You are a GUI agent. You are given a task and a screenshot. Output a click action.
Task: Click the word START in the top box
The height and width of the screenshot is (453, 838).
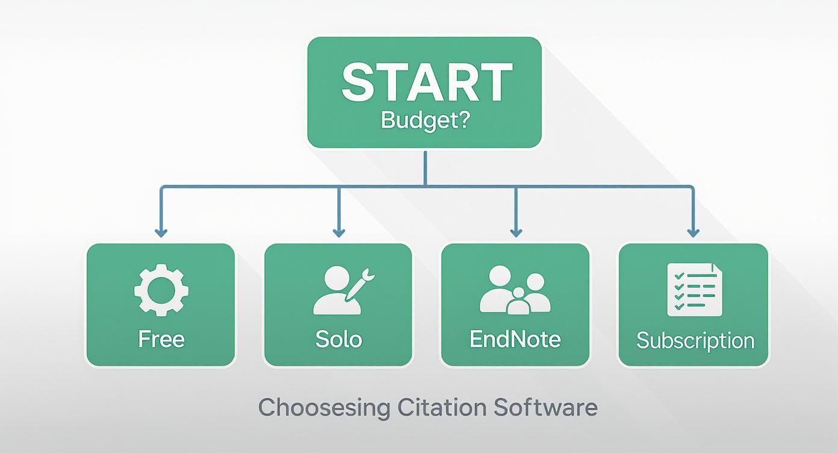click(426, 82)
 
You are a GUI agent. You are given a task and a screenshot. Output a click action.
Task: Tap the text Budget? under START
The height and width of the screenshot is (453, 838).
click(426, 120)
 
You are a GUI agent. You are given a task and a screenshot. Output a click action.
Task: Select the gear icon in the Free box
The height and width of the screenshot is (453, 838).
click(161, 290)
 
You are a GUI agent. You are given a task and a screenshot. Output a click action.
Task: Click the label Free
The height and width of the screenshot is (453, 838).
click(161, 339)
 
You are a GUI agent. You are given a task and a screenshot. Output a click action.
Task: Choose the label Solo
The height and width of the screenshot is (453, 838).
click(338, 339)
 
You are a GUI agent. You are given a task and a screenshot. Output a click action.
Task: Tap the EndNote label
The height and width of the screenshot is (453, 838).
click(515, 339)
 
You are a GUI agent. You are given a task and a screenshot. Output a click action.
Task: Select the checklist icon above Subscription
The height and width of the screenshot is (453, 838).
click(694, 290)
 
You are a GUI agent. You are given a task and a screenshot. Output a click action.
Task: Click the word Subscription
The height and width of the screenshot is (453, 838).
click(695, 340)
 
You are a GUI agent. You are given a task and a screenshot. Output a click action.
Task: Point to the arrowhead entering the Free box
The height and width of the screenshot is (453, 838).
click(161, 232)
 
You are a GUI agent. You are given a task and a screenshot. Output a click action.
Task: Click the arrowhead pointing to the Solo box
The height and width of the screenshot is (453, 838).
click(338, 232)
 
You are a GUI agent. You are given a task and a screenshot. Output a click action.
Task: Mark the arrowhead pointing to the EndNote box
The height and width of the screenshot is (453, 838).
click(515, 232)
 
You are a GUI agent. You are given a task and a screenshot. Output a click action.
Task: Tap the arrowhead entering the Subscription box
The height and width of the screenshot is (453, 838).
click(693, 232)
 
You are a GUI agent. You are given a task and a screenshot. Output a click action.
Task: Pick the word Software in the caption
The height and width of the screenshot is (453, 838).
click(545, 407)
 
